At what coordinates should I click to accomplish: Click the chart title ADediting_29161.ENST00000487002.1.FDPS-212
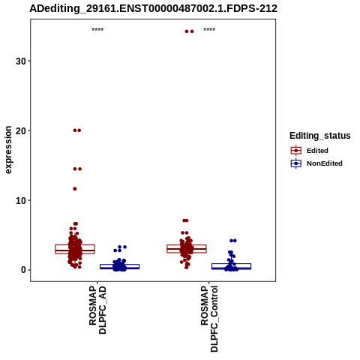click(153, 8)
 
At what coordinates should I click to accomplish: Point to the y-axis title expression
click(8, 150)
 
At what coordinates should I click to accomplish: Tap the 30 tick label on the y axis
click(21, 61)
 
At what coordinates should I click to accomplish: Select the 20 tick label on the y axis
click(21, 130)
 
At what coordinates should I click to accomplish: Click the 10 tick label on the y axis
click(21, 200)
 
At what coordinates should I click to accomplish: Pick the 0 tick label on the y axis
click(24, 270)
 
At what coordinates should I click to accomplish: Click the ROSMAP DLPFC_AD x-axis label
click(97, 310)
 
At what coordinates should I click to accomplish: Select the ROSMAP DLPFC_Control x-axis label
click(209, 319)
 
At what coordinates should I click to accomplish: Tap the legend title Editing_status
click(320, 136)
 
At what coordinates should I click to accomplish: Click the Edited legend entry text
click(317, 151)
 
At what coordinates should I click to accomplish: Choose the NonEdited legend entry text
click(325, 163)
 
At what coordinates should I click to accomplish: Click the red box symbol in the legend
click(296, 151)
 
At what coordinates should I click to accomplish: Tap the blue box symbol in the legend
click(296, 163)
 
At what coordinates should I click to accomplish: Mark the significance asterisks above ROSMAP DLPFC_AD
click(97, 30)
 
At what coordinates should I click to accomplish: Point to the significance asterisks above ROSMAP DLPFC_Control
click(209, 30)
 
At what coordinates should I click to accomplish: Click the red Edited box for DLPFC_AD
click(75, 249)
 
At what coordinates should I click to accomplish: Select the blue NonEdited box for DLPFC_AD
click(120, 266)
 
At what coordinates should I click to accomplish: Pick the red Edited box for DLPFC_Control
click(187, 249)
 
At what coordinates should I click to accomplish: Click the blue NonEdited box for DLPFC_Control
click(231, 266)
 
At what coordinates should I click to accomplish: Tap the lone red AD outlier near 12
click(75, 189)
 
